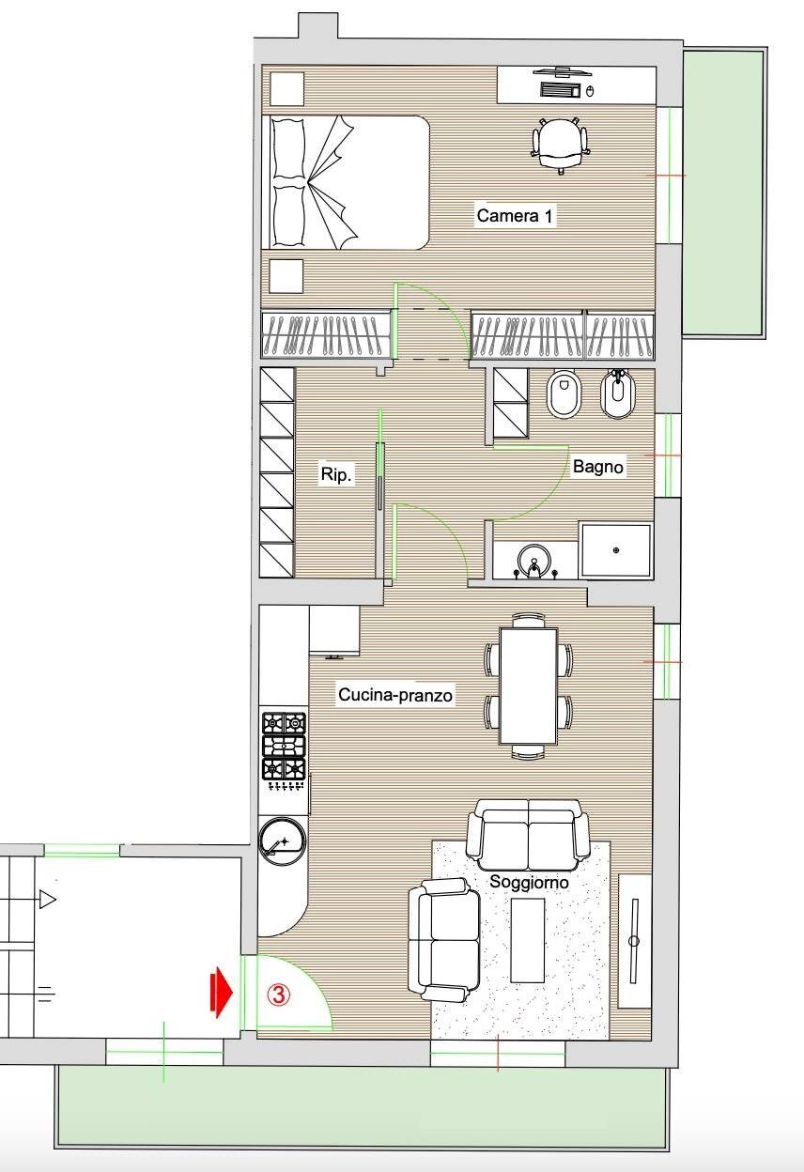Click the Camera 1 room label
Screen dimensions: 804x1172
[x=515, y=216]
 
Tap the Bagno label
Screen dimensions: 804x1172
[x=597, y=466]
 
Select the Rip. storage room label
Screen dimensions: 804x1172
[x=336, y=474]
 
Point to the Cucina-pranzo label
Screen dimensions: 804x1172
[x=395, y=694]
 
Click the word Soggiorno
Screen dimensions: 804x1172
[x=529, y=882]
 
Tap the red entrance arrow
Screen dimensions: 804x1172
[x=221, y=992]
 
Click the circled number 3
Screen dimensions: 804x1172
[x=278, y=995]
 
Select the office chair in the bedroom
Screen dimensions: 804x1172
[x=560, y=145]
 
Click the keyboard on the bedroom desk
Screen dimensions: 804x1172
[x=560, y=90]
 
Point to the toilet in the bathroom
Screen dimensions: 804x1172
[x=563, y=394]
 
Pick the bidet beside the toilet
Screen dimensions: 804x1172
[x=618, y=394]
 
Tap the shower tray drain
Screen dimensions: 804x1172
[x=616, y=550]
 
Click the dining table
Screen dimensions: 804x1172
[x=528, y=686]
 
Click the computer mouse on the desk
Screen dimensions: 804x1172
[x=591, y=91]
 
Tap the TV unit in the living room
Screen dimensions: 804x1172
[x=635, y=941]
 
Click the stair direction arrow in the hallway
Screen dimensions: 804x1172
[x=47, y=900]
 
